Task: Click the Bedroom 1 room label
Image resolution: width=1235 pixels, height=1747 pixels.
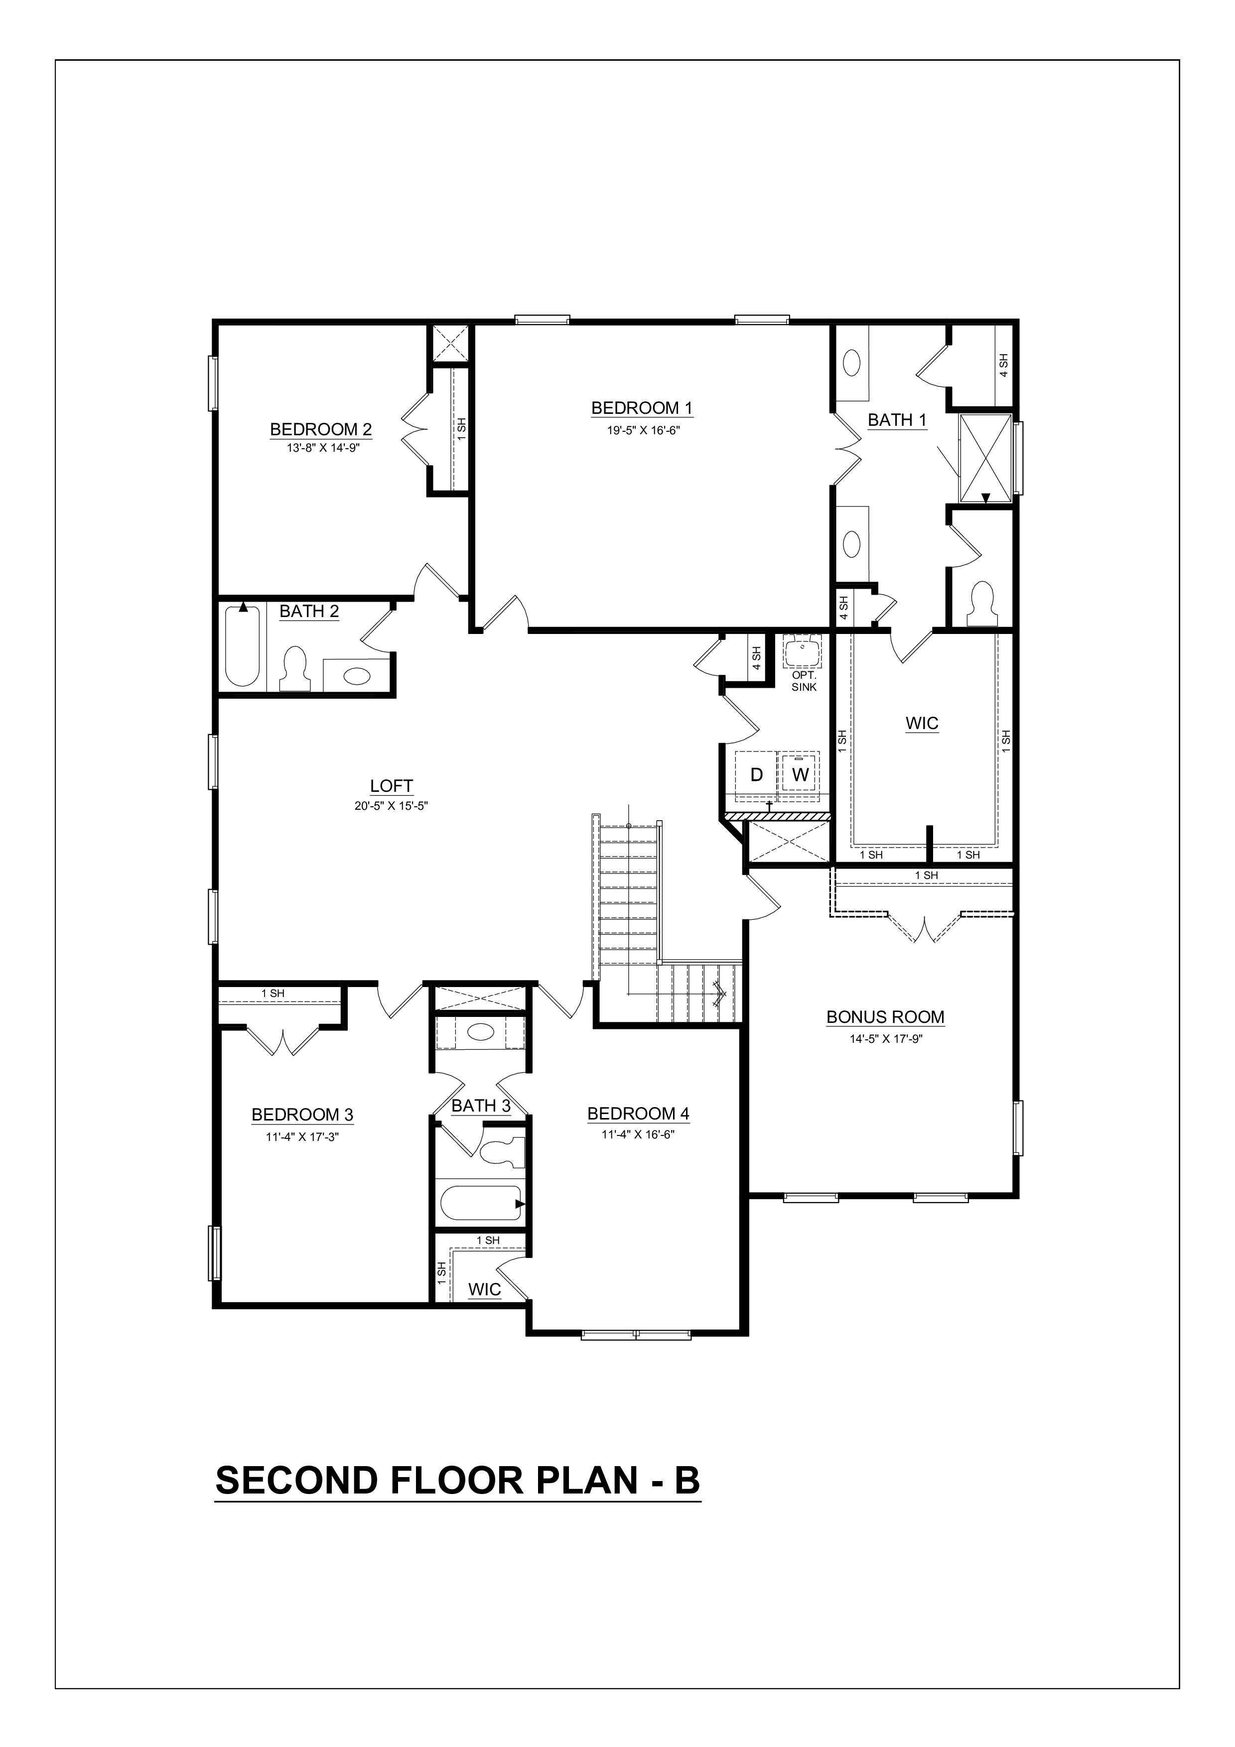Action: (642, 408)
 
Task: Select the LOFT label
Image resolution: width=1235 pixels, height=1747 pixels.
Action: (391, 786)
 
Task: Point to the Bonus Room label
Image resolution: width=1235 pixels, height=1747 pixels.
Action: (885, 1017)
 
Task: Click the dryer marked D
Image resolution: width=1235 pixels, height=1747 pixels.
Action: (756, 774)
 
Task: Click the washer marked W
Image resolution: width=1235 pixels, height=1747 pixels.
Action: (800, 774)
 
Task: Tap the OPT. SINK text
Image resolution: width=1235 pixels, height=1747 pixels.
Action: (804, 681)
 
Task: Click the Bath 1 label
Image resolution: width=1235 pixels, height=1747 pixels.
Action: (897, 420)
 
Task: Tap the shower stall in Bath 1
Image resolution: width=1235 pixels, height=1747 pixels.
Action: (984, 459)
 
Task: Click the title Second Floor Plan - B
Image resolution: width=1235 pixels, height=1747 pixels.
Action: (457, 1480)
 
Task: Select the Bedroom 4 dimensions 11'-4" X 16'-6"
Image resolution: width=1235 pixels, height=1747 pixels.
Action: (638, 1134)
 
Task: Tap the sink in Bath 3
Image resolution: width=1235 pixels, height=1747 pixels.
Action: (479, 1032)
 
